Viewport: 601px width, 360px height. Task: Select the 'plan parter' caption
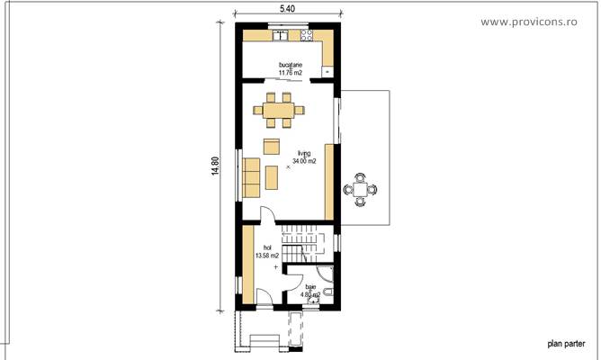point(565,343)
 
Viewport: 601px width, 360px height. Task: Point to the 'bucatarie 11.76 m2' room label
point(290,69)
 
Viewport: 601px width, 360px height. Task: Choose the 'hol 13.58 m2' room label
point(266,251)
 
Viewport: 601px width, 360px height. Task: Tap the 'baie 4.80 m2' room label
point(311,290)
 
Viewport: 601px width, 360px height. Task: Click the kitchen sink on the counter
point(281,36)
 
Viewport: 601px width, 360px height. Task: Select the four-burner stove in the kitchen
point(308,36)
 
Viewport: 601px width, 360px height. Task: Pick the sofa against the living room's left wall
point(251,175)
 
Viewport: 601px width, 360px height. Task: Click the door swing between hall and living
point(267,215)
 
